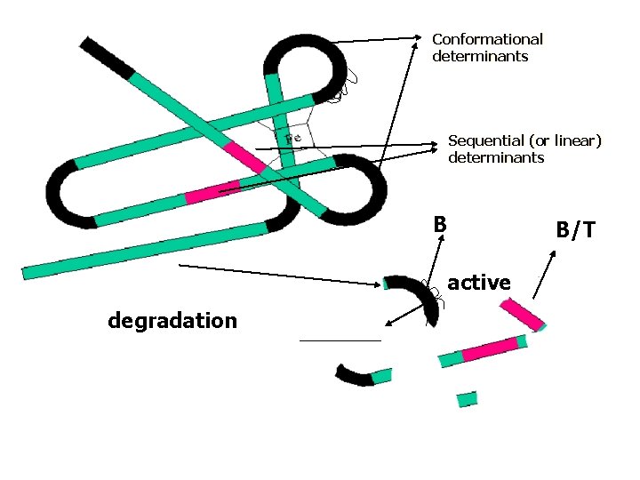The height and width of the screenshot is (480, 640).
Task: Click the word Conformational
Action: (487, 39)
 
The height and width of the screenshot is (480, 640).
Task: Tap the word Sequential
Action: (485, 140)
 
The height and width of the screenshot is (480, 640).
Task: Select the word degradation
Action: (172, 320)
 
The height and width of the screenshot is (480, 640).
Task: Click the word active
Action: (479, 283)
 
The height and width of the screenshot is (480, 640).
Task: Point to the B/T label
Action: (576, 230)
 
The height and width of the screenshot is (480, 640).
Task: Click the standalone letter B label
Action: (439, 224)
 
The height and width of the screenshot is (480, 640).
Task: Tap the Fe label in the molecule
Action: (293, 138)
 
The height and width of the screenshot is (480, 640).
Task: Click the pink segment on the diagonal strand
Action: (244, 156)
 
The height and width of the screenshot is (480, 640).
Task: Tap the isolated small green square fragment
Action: (467, 398)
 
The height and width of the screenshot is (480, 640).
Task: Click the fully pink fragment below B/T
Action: (522, 315)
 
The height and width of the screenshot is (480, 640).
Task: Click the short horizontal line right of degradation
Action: (340, 340)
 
